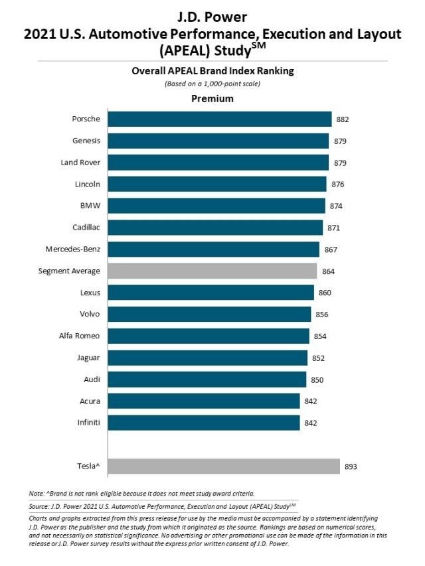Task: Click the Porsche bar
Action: tap(219, 119)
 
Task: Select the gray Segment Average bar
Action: tap(212, 271)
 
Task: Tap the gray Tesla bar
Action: tap(224, 466)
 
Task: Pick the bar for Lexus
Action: tap(211, 293)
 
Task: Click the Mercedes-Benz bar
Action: tap(212, 249)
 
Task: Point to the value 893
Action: tap(351, 467)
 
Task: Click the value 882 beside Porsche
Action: tap(343, 119)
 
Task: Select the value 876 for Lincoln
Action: tap(337, 184)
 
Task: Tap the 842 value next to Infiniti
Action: tap(311, 423)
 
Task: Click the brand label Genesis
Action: tap(86, 141)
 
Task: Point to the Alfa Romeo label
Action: tap(80, 336)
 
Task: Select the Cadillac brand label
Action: tap(86, 228)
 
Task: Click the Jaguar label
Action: tap(88, 358)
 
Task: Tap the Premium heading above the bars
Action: tap(212, 99)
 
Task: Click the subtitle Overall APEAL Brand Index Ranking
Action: tap(212, 71)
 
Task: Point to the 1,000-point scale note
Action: tap(212, 84)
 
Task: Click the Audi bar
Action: tap(207, 380)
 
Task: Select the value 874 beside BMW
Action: tap(336, 206)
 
